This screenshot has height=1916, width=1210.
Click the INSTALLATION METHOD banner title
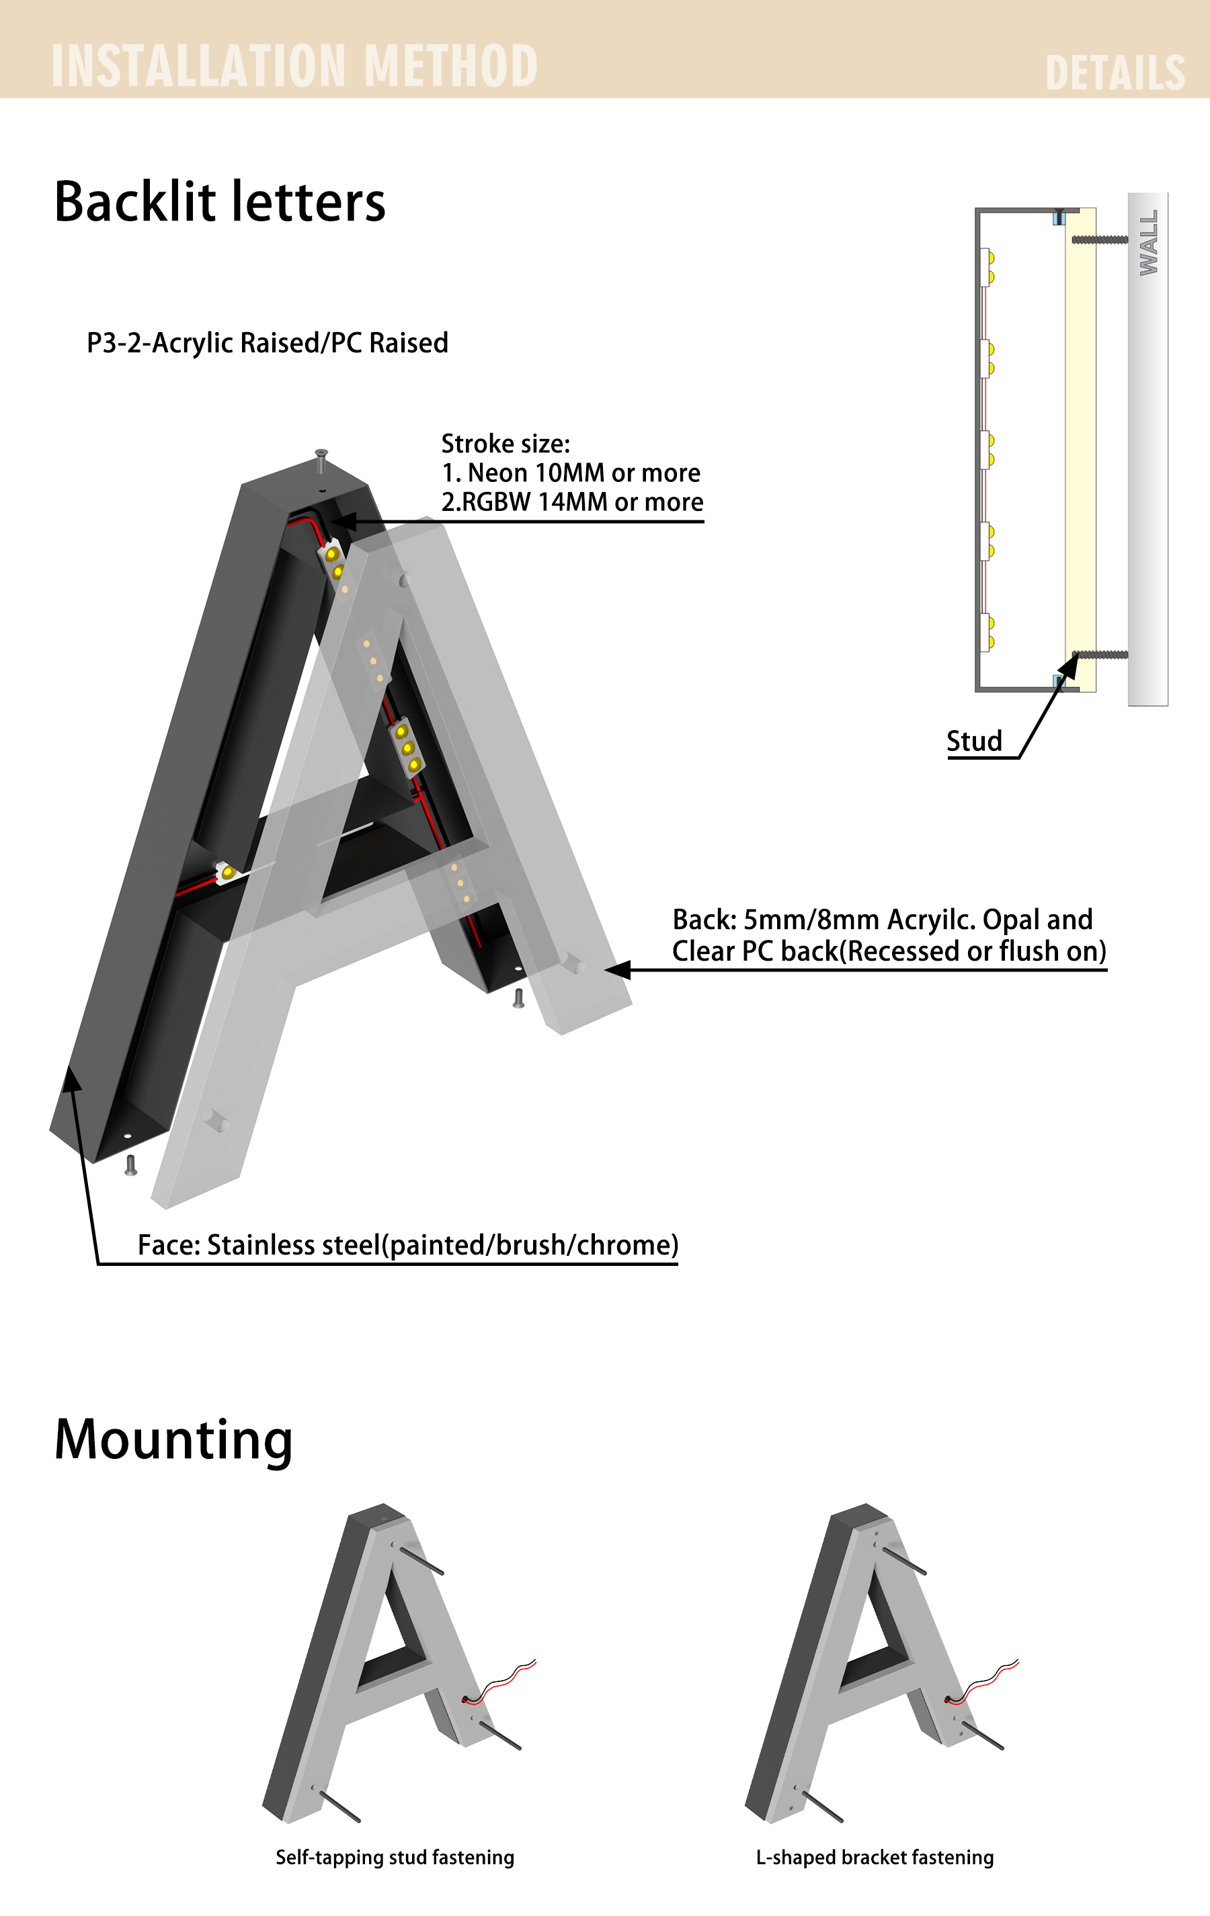pyautogui.click(x=294, y=65)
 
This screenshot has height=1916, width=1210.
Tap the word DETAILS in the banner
pyautogui.click(x=1115, y=73)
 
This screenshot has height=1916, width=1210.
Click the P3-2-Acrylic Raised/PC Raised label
pyautogui.click(x=268, y=343)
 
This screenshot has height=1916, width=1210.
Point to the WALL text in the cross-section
pyautogui.click(x=1149, y=243)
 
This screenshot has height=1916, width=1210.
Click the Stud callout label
pyautogui.click(x=974, y=741)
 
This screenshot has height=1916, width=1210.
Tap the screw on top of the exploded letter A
pyautogui.click(x=321, y=461)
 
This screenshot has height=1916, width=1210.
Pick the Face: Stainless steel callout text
pyautogui.click(x=408, y=1244)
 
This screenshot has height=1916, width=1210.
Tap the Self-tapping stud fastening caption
pyautogui.click(x=395, y=1857)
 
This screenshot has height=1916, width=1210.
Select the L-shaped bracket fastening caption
pyautogui.click(x=875, y=1857)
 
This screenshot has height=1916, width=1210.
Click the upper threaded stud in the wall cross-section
pyautogui.click(x=1100, y=239)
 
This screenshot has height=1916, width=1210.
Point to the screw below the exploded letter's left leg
pyautogui.click(x=131, y=1166)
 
